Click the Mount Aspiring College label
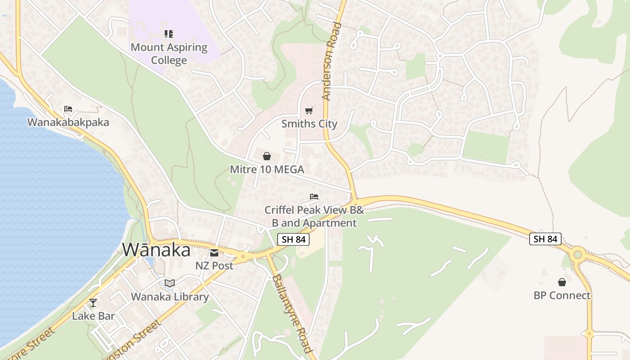169,54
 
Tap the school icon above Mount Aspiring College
169,34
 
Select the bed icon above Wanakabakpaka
68,109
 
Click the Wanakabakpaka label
68,122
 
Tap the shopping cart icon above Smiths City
309,111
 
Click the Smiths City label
309,124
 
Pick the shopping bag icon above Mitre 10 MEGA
267,156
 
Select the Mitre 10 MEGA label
267,170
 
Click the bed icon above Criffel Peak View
314,197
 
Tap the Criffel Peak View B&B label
314,216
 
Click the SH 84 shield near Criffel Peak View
294,239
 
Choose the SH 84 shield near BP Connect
545,239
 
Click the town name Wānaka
157,250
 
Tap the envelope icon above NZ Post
214,252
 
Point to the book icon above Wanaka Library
170,283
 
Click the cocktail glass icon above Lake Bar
93,303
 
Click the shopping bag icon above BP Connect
562,282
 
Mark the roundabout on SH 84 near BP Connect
578,255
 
